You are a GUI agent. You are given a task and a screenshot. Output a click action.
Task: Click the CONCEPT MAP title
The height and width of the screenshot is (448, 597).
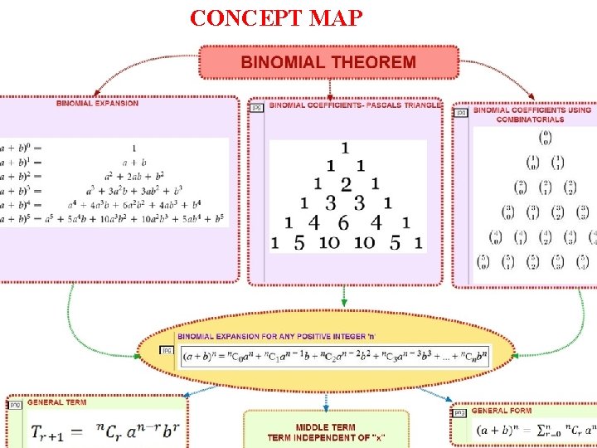pos(275,17)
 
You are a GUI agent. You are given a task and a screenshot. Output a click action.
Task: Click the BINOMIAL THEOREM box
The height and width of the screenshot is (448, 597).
pos(328,62)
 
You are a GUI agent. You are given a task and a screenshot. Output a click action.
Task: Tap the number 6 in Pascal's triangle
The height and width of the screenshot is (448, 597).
pos(343,222)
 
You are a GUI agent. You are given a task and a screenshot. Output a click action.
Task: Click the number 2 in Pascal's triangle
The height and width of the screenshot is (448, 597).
pos(346,183)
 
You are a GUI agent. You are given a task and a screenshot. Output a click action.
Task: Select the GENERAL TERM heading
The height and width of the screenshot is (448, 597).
pos(56,402)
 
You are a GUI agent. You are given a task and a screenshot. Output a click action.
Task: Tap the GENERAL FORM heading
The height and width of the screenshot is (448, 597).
pos(502,411)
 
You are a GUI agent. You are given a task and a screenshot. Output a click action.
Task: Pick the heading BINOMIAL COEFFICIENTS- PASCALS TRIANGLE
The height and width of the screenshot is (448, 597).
pos(355,105)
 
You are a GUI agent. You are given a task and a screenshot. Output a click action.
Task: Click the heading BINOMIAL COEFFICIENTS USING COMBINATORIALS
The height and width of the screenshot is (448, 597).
pos(531,114)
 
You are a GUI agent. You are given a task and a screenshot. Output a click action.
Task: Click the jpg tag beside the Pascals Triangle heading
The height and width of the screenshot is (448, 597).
pos(257,107)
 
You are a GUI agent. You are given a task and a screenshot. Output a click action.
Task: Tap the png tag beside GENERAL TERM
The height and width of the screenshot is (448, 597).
pos(14,404)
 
